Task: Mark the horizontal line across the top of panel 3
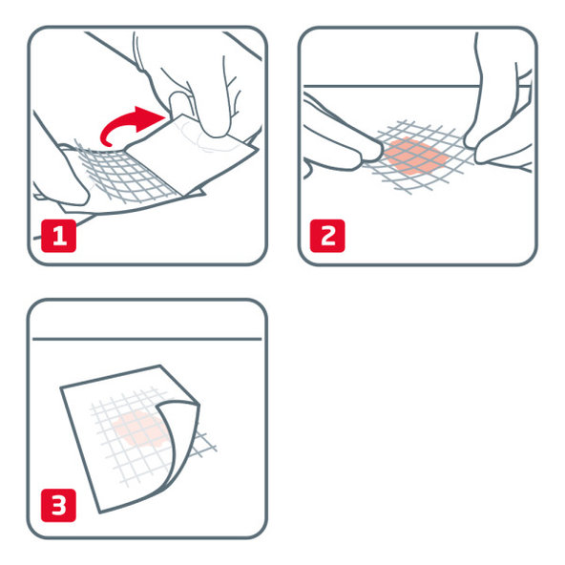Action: [x=148, y=339]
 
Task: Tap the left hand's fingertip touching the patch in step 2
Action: [x=379, y=148]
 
